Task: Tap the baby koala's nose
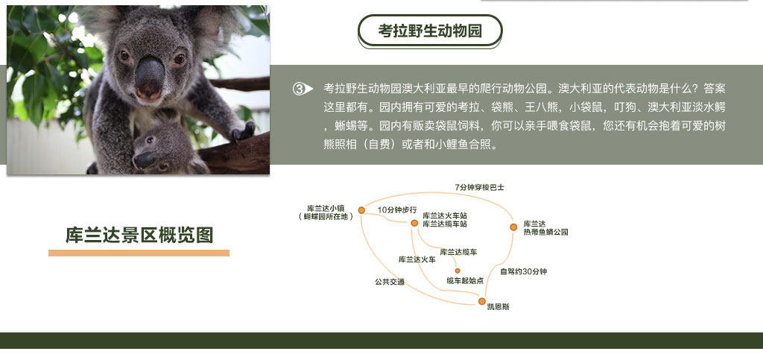click(144, 160)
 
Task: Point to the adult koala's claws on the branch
click(244, 131)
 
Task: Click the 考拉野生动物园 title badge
click(430, 31)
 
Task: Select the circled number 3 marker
click(303, 89)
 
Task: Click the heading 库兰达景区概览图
click(139, 235)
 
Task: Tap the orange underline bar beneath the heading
click(139, 253)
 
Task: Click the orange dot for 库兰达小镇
click(361, 210)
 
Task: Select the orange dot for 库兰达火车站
click(414, 223)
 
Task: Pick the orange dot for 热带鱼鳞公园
click(513, 227)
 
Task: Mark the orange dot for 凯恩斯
click(482, 301)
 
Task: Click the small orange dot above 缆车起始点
click(458, 271)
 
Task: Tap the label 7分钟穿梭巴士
click(479, 187)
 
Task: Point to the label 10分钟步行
click(397, 209)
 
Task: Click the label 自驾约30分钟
click(524, 271)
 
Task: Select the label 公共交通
click(389, 282)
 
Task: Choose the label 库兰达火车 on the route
click(417, 259)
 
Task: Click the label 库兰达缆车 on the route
click(458, 252)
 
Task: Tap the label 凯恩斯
click(498, 307)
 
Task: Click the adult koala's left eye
click(124, 55)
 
